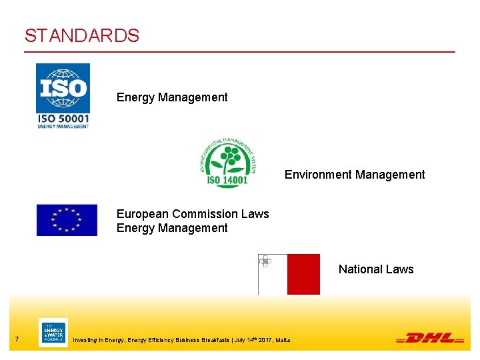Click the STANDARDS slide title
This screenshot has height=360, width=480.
[x=82, y=35]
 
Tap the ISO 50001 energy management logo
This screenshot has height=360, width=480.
[x=63, y=95]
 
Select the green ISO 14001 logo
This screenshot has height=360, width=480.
[x=227, y=161]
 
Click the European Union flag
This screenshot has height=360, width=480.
[x=67, y=220]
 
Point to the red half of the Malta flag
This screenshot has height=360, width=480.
[x=303, y=274]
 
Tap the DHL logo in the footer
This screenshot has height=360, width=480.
[x=430, y=338]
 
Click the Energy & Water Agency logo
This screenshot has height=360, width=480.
[x=53, y=333]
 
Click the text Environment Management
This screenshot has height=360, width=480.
[x=355, y=175]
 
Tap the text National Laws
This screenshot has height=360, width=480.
[x=376, y=269]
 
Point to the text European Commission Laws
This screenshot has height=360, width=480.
[x=193, y=214]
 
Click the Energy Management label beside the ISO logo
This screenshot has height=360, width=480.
[x=172, y=97]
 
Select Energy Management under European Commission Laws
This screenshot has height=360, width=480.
[x=172, y=228]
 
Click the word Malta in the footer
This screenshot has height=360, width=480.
[x=283, y=341]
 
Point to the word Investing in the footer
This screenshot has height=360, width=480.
[x=89, y=341]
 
